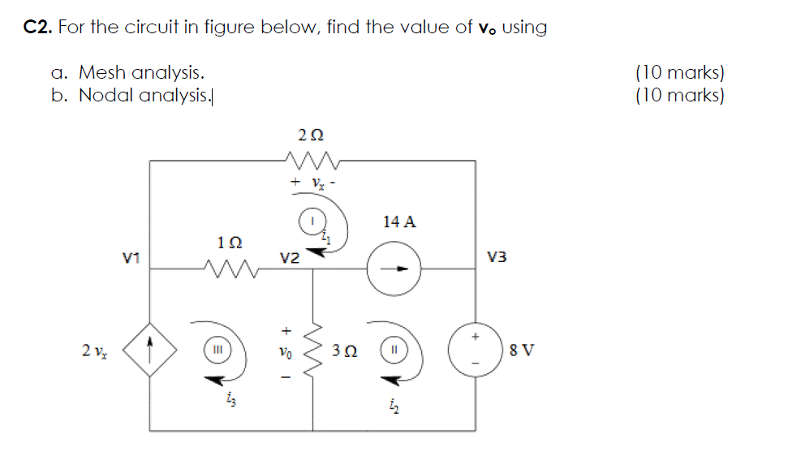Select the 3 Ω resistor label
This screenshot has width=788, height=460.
pos(344,351)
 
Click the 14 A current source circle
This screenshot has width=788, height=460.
pos(394,269)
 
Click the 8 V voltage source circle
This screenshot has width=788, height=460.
pos(475,351)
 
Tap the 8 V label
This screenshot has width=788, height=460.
pos(522,351)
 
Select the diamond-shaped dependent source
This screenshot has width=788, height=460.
pos(149,351)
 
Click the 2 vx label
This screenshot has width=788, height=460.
pos(93,350)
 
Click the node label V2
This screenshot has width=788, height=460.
pos(291,258)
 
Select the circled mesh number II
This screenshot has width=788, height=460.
pos(392,351)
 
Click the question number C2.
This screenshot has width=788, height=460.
pos(38,28)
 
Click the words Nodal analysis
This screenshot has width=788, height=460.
pos(144,96)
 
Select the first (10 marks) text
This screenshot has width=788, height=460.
pos(680,73)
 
